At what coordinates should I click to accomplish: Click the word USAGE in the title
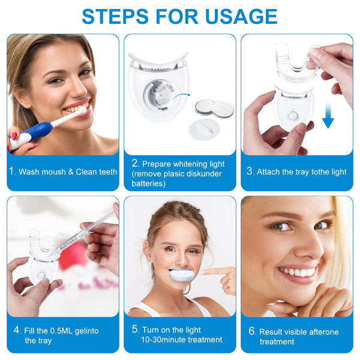241,16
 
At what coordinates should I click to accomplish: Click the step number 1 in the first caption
12,171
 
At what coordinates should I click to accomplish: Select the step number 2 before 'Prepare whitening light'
135,163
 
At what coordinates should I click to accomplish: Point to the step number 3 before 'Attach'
250,171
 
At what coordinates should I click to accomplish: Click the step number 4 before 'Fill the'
17,330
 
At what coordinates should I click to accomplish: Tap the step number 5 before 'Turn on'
135,329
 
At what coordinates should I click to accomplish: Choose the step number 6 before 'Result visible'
252,331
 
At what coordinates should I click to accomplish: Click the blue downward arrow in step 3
328,115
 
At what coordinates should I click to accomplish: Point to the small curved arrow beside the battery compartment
182,96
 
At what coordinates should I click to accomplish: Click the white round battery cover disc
204,129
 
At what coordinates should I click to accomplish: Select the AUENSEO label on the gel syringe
68,243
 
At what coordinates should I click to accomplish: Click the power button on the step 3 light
293,116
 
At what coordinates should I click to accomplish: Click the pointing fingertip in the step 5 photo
203,272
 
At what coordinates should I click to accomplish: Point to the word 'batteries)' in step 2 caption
149,183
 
